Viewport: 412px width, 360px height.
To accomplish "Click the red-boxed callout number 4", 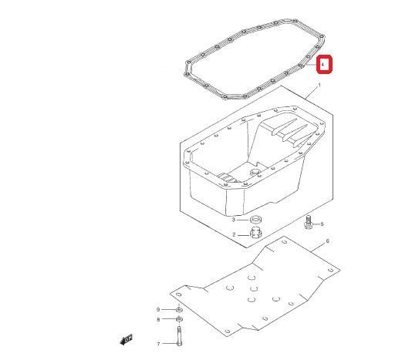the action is [323, 64].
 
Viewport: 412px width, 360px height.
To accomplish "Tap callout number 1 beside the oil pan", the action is [319, 85].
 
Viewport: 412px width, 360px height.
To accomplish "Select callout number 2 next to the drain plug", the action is [234, 235].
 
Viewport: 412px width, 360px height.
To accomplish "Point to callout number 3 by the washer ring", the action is [233, 219].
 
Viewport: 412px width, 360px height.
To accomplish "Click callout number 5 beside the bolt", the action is [323, 224].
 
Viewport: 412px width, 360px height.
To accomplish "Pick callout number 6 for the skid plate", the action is [327, 241].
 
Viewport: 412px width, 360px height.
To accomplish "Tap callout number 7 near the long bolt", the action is [158, 344].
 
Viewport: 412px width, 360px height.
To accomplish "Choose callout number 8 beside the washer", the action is [158, 320].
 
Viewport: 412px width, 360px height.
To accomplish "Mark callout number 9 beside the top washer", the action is [158, 310].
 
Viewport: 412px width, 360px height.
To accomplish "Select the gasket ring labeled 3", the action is [256, 218].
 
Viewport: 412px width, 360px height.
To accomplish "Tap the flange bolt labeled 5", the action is [309, 222].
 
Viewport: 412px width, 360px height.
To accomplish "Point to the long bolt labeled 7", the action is [179, 336].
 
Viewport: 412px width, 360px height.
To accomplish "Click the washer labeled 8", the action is [179, 319].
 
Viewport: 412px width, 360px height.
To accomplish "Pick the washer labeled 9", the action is [179, 310].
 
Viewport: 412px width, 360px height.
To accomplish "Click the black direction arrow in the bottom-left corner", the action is [126, 339].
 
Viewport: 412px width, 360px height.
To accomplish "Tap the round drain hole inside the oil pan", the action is [255, 173].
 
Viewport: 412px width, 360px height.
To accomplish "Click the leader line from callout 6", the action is [317, 248].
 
